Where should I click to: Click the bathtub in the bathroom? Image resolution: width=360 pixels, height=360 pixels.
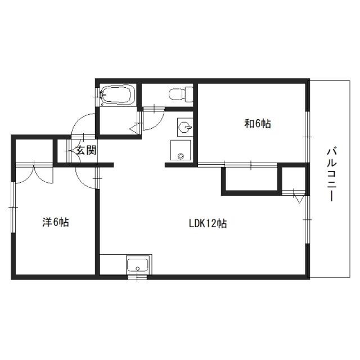117,96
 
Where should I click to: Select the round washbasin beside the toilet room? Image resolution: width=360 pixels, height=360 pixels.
183,127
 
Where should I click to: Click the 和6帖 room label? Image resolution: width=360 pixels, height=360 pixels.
258,124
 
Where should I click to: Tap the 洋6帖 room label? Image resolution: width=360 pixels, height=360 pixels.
55,223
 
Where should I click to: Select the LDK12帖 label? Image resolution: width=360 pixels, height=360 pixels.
208,223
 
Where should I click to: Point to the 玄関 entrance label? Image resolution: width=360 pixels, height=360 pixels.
86,150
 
